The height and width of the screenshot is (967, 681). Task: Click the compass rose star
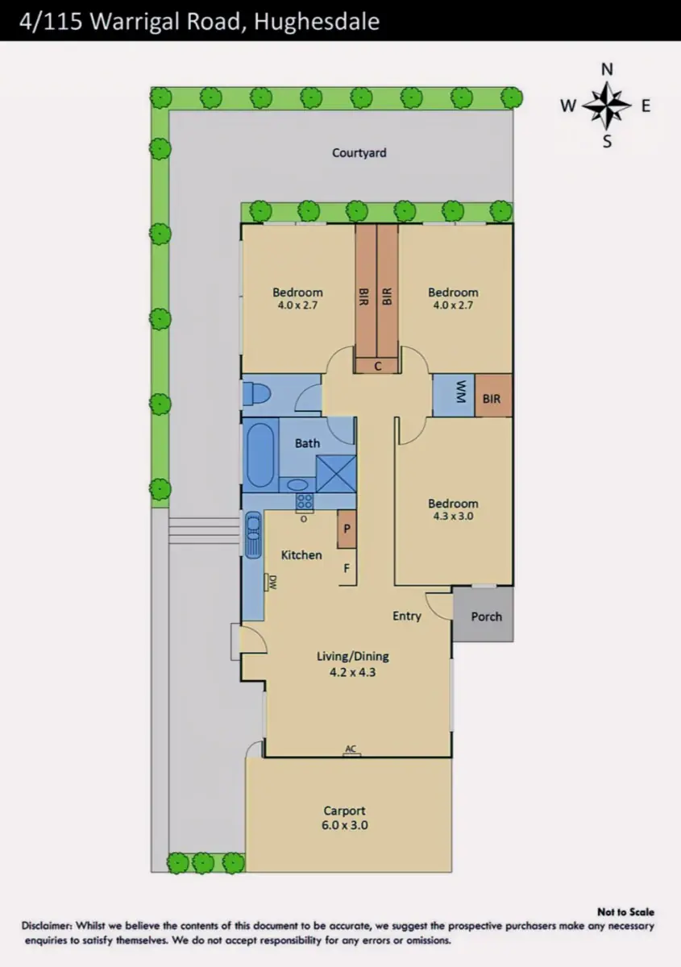[607, 106]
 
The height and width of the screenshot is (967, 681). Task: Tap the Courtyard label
[359, 153]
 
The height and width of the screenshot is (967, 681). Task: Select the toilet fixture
[256, 394]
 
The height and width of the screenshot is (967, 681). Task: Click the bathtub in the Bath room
[260, 455]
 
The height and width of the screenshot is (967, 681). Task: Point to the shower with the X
[336, 475]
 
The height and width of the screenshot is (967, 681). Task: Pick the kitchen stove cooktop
[305, 502]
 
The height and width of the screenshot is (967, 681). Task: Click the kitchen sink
[254, 534]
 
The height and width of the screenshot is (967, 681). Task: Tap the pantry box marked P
[347, 529]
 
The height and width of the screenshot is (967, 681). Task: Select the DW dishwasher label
[273, 583]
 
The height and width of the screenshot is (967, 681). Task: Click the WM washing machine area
[454, 396]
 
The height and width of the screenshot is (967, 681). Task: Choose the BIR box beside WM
[493, 396]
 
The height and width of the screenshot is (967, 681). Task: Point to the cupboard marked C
[377, 366]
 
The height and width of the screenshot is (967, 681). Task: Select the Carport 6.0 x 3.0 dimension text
[345, 825]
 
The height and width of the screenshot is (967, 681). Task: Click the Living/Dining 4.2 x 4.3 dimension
[352, 672]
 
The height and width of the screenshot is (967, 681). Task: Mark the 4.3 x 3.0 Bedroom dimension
[453, 516]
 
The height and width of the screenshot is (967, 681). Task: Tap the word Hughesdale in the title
[317, 22]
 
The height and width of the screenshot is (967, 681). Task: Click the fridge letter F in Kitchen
[347, 568]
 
